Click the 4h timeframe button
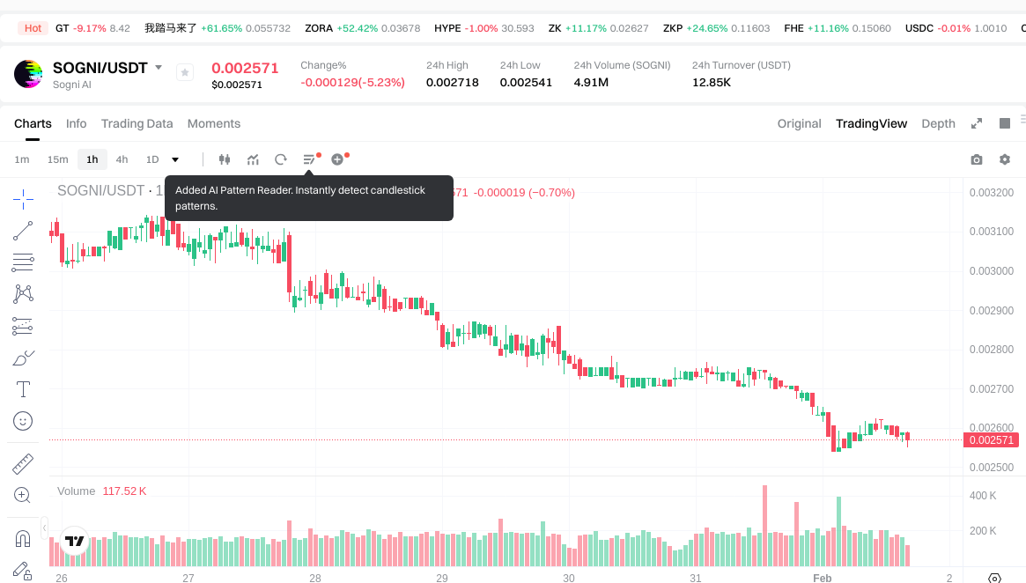pyautogui.click(x=122, y=159)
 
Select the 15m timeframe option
pyautogui.click(x=57, y=159)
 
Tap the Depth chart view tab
pyautogui.click(x=938, y=123)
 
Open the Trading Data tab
pyautogui.click(x=137, y=123)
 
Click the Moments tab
pyautogui.click(x=214, y=123)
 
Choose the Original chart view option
pyautogui.click(x=799, y=123)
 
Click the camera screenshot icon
pyautogui.click(x=976, y=159)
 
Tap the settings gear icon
pyautogui.click(x=1004, y=159)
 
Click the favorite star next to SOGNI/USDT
pyautogui.click(x=185, y=72)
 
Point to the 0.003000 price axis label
pyautogui.click(x=990, y=271)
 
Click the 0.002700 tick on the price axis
pyautogui.click(x=990, y=389)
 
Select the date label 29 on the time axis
pyautogui.click(x=442, y=579)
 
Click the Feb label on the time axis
pyautogui.click(x=822, y=579)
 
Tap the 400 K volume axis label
pyautogui.click(x=983, y=496)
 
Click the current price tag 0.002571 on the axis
pyautogui.click(x=991, y=440)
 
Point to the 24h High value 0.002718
pyautogui.click(x=452, y=83)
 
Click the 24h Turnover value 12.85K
pyautogui.click(x=712, y=83)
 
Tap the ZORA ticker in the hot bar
pyautogui.click(x=319, y=28)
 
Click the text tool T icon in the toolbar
pyautogui.click(x=23, y=388)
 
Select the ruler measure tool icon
pyautogui.click(x=23, y=463)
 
